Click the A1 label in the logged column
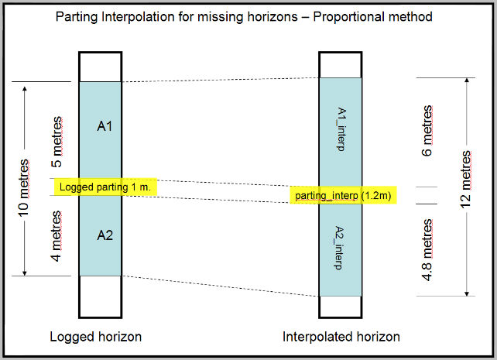[x=105, y=125]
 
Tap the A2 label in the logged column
[x=105, y=235]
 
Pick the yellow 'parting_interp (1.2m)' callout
[x=344, y=196]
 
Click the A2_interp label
[x=341, y=249]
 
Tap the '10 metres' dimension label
[x=23, y=189]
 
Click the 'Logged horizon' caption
[x=95, y=337]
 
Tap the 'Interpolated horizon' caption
[x=341, y=337]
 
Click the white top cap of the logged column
[x=100, y=67]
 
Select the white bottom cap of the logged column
[x=100, y=296]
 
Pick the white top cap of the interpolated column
[x=340, y=64]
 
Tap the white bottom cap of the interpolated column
[x=340, y=307]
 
